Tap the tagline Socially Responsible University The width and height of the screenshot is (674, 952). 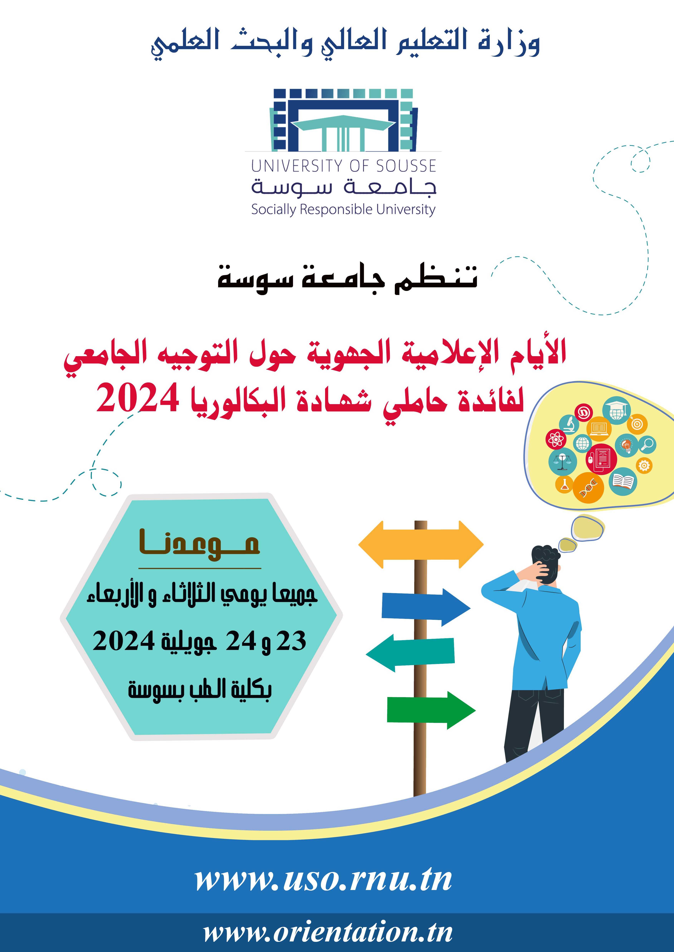click(343, 209)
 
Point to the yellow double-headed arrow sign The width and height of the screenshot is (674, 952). click(421, 544)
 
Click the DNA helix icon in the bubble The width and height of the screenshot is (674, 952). click(588, 488)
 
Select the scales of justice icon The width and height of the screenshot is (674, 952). click(562, 462)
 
